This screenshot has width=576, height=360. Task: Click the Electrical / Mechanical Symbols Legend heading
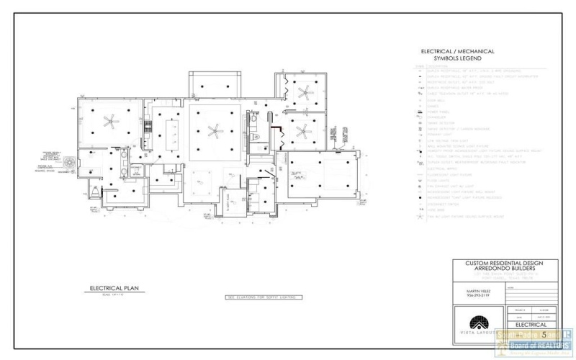(x=458, y=55)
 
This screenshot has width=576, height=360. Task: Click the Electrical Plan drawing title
(x=113, y=288)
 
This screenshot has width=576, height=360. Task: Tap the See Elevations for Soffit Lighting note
(x=263, y=297)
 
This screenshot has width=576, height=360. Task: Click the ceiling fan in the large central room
(x=214, y=130)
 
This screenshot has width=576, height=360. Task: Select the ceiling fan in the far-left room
(x=110, y=121)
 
